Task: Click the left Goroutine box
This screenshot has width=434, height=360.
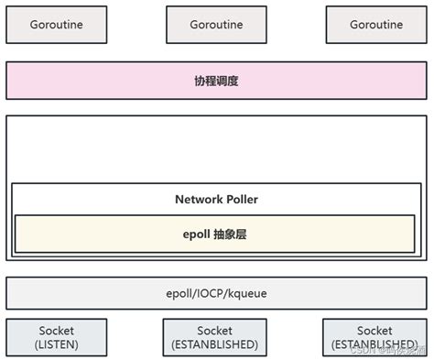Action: pyautogui.click(x=57, y=25)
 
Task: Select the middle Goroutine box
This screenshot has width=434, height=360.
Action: pyautogui.click(x=216, y=25)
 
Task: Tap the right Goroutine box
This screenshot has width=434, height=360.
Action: pyautogui.click(x=375, y=25)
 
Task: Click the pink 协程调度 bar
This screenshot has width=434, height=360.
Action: pyautogui.click(x=216, y=81)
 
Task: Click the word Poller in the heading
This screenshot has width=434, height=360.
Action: pyautogui.click(x=241, y=199)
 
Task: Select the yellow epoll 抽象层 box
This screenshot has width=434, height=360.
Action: pyautogui.click(x=214, y=234)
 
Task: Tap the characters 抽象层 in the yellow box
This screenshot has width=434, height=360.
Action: pyautogui.click(x=230, y=234)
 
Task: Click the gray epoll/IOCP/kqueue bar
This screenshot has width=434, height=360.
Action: pyautogui.click(x=216, y=293)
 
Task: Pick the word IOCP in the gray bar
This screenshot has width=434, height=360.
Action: pyautogui.click(x=216, y=293)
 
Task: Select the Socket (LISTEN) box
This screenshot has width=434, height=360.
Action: pyautogui.click(x=57, y=336)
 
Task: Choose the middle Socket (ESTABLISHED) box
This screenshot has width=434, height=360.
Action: pyautogui.click(x=215, y=336)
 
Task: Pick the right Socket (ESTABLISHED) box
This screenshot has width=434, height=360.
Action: pyautogui.click(x=374, y=336)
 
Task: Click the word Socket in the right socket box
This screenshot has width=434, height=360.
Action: pyautogui.click(x=374, y=330)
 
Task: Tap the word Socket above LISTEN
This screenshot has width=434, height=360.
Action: pyautogui.click(x=57, y=330)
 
